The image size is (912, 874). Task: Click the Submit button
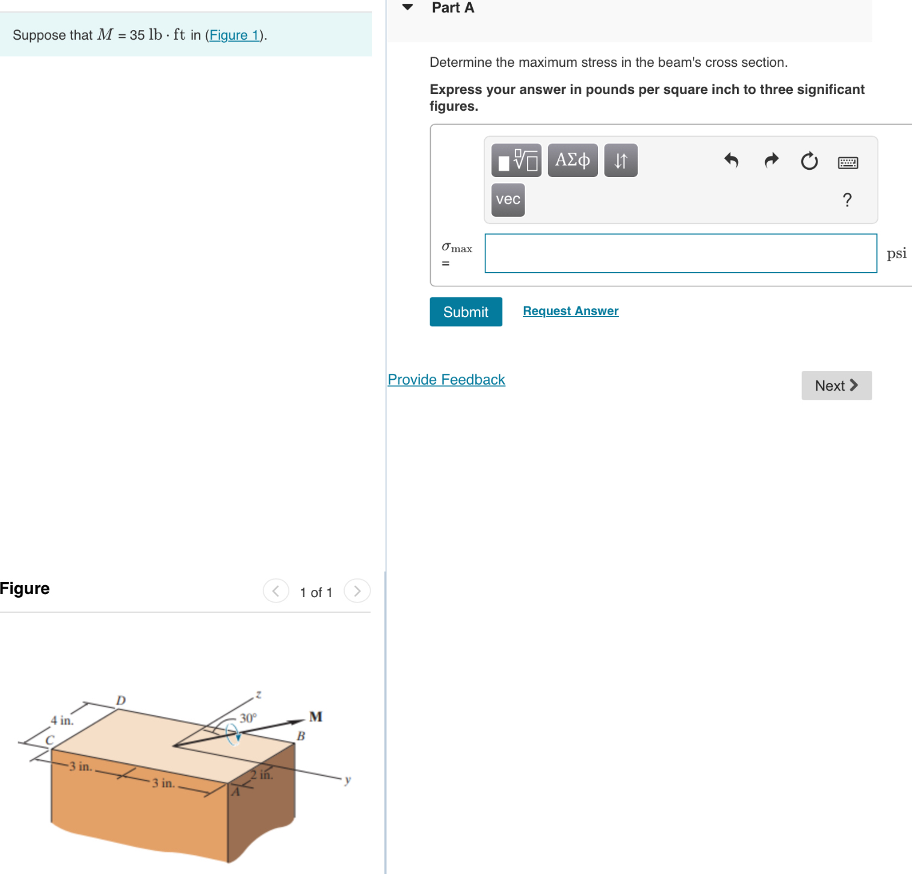tap(466, 312)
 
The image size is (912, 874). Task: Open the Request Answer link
tap(570, 311)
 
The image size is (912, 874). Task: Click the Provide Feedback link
tap(446, 380)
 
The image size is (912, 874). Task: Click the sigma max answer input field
tap(680, 253)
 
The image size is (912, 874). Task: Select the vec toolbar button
tap(508, 200)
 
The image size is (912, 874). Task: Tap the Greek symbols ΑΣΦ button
tap(572, 160)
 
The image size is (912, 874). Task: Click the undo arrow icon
tap(731, 161)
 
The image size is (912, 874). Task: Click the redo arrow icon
tap(771, 161)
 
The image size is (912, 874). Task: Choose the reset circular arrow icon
tap(809, 161)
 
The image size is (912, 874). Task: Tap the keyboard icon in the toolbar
tap(848, 163)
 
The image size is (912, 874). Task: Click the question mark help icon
tap(847, 200)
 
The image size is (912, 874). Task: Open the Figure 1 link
tap(234, 35)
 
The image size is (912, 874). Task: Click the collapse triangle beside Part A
tap(408, 8)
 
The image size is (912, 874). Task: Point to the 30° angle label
tap(248, 718)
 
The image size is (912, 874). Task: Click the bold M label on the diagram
tap(316, 716)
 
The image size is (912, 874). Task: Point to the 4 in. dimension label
tap(62, 721)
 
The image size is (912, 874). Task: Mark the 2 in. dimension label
tap(262, 775)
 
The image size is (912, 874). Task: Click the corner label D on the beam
tap(121, 700)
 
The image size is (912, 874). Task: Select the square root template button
tap(516, 160)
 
